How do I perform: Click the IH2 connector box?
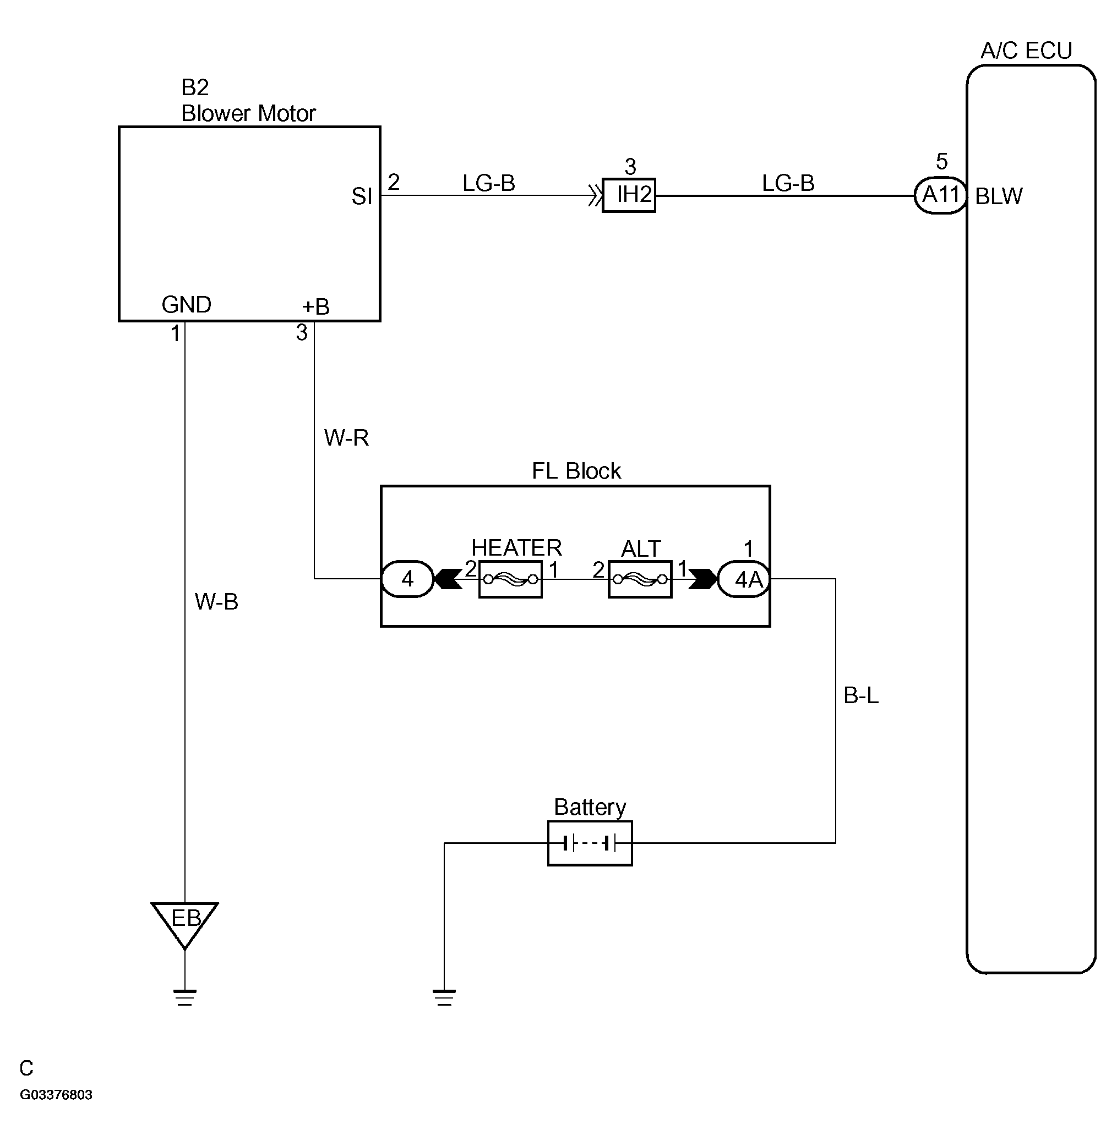[x=629, y=195]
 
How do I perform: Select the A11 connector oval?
[x=940, y=195]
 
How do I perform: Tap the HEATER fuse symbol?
[x=510, y=579]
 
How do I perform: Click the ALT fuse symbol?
[x=640, y=579]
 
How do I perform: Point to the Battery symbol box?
[x=590, y=843]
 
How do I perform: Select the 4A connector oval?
[x=744, y=579]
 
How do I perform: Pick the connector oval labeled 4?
[x=408, y=579]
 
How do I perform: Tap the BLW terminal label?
[x=999, y=196]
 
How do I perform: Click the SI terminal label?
[x=362, y=196]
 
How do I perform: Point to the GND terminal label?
[x=187, y=305]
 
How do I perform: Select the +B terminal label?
[x=315, y=306]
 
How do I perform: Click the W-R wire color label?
[x=346, y=438]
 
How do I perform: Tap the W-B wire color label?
[x=216, y=601]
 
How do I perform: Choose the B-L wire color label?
[x=861, y=695]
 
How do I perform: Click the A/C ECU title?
[x=1027, y=51]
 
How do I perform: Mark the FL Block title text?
[x=576, y=471]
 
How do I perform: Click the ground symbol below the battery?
[x=444, y=997]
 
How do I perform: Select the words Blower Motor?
[x=249, y=113]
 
